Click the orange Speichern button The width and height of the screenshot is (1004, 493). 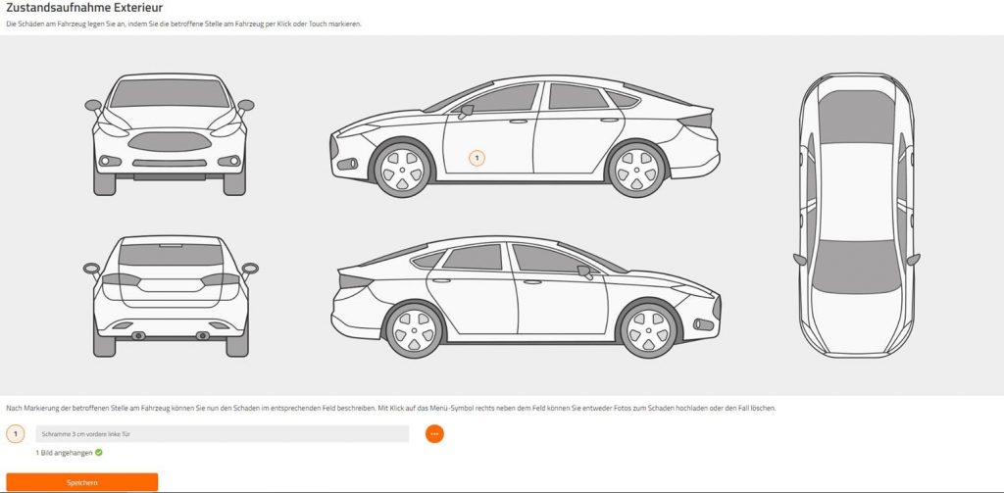pos(82,482)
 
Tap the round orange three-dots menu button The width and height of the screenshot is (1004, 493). pos(434,434)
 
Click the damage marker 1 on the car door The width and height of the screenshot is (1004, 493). pos(477,158)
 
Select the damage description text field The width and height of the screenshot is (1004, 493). pos(223,434)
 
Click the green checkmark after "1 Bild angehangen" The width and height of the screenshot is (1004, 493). pos(99,453)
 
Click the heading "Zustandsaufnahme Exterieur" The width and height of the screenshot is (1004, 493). pos(84,8)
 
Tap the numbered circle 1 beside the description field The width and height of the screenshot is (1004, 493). pos(16,434)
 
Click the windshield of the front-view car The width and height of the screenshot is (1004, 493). pos(170,93)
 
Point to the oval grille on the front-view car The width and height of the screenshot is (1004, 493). pos(170,141)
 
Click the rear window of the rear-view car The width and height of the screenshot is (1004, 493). pos(171,254)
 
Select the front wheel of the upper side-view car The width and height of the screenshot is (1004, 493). pos(402,170)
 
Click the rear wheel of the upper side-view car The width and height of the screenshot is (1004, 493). pos(637,169)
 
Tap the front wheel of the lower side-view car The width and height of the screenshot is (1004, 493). pos(649,330)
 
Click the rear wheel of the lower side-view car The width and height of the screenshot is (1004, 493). pos(415,330)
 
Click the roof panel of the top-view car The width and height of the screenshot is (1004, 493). pos(857,191)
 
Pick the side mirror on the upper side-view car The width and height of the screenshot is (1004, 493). pos(466,111)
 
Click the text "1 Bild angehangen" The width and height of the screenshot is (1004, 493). pos(64,453)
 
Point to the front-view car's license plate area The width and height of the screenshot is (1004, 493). pos(170,176)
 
